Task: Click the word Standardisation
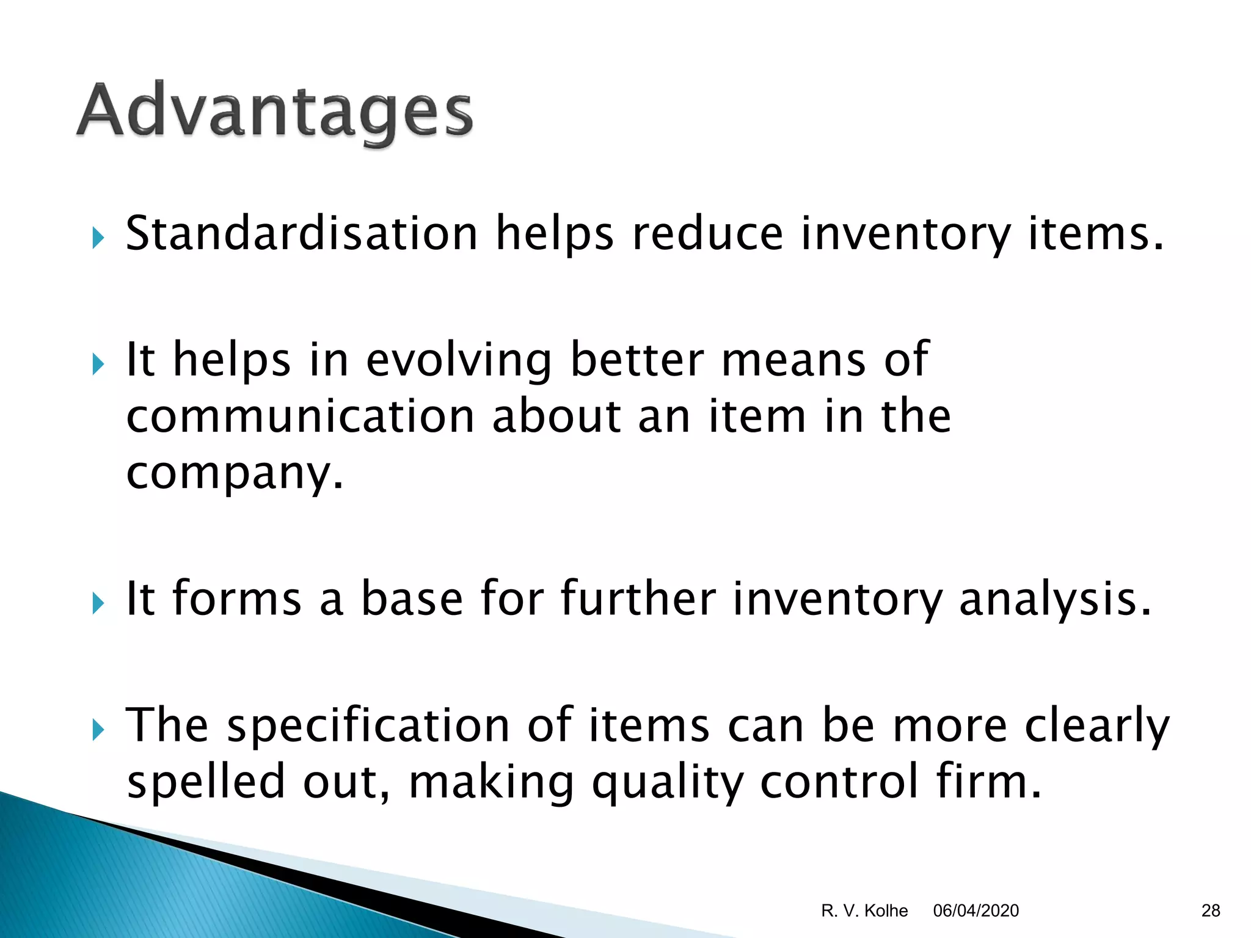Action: tap(301, 234)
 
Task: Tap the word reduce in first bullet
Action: tap(707, 234)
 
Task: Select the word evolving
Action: tap(458, 360)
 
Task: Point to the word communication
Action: tap(300, 417)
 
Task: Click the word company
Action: tap(235, 474)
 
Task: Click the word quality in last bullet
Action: tap(668, 783)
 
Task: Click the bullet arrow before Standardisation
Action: tap(98, 238)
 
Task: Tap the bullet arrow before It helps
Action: tap(98, 365)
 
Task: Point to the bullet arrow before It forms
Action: tap(98, 603)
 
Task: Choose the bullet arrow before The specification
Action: tap(98, 729)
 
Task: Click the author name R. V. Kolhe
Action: tap(864, 911)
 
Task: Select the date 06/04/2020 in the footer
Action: tap(976, 911)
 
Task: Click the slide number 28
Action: tap(1210, 911)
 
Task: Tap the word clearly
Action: tap(1096, 727)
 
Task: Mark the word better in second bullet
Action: tap(636, 360)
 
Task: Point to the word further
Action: tap(638, 598)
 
